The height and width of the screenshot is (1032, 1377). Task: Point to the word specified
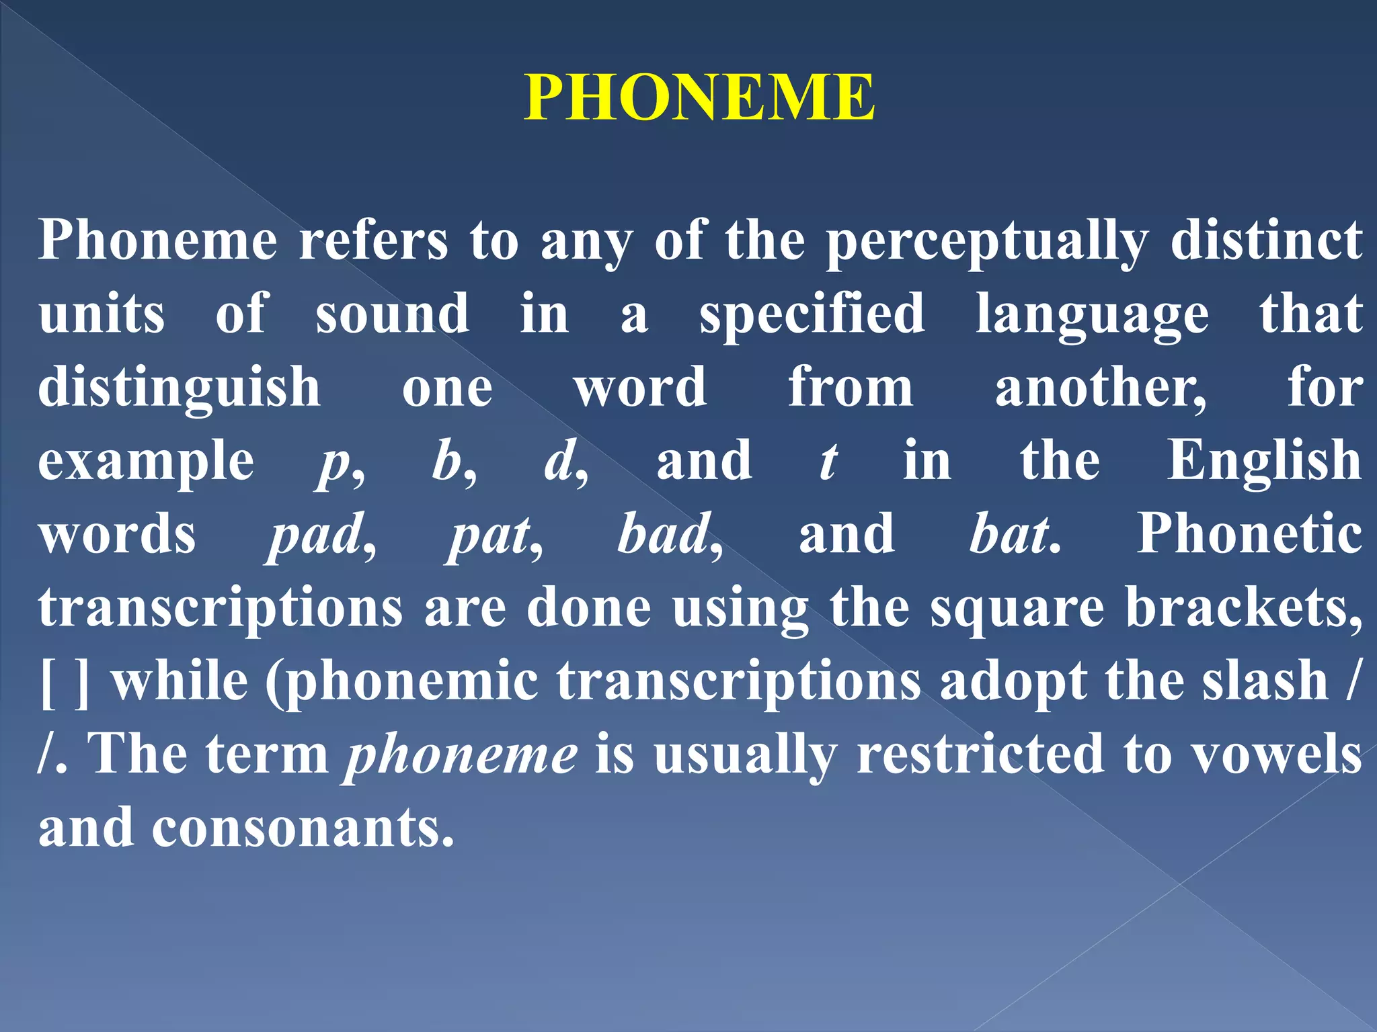point(812,314)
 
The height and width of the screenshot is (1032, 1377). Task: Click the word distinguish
point(180,388)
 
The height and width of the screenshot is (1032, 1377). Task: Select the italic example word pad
point(316,535)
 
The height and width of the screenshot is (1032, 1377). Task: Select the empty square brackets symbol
point(65,683)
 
